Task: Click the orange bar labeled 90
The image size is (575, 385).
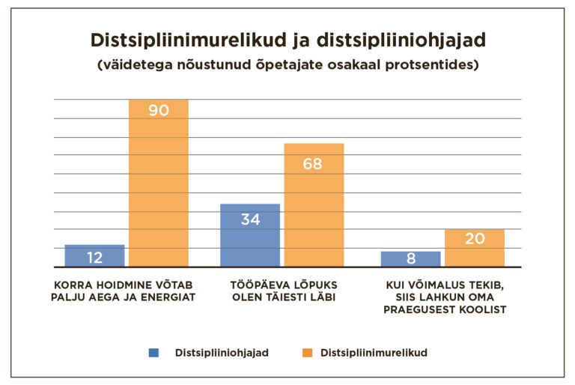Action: click(158, 183)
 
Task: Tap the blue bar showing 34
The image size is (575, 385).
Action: click(250, 235)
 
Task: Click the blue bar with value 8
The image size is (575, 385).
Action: click(410, 259)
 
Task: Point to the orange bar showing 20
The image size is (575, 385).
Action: click(475, 248)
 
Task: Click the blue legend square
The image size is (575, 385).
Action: click(153, 352)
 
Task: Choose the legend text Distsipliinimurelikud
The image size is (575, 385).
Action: click(374, 352)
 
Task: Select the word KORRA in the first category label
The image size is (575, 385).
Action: click(73, 285)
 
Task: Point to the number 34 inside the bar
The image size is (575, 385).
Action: click(250, 219)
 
